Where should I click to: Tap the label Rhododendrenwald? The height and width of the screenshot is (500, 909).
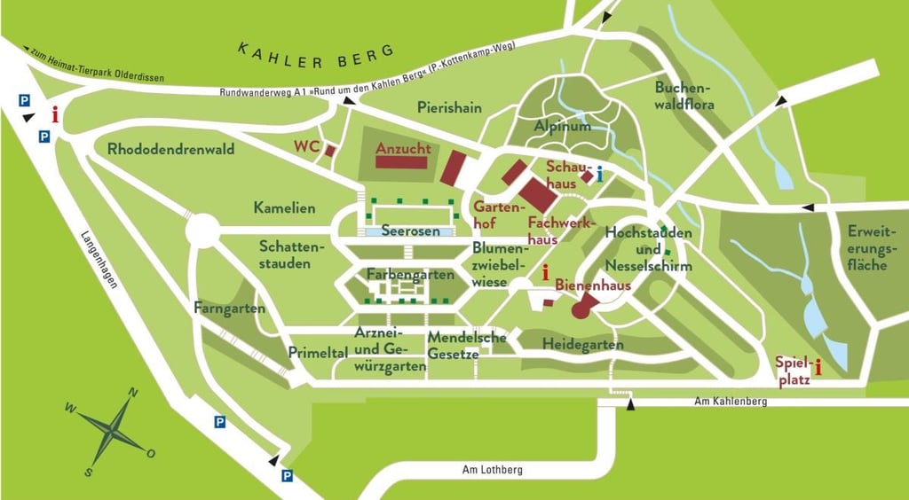(171, 149)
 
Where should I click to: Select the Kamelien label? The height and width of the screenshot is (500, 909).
(284, 208)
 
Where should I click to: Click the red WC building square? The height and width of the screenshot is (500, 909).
(330, 151)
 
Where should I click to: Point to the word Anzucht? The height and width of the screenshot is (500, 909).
(403, 149)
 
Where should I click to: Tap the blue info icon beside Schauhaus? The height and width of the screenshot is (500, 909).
(601, 174)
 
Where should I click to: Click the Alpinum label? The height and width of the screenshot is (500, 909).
(562, 127)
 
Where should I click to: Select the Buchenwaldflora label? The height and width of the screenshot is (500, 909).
(684, 96)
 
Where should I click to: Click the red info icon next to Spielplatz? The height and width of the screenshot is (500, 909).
(818, 366)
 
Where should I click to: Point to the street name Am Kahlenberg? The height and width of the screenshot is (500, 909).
(731, 402)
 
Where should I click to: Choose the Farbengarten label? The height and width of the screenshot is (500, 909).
(410, 274)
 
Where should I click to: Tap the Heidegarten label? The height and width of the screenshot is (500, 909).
(582, 344)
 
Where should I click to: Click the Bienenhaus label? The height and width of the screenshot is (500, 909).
(593, 285)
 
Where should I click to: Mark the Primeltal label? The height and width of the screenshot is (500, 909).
(317, 352)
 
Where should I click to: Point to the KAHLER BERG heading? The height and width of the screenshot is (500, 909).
(315, 54)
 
